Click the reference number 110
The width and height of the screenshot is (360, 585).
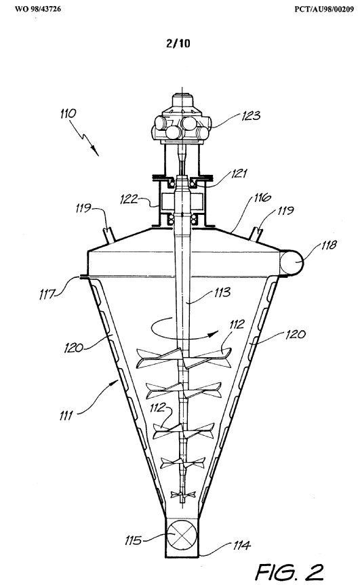pos(68,113)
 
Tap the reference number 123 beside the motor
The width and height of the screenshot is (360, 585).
pos(251,116)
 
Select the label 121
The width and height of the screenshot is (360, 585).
pos(239,174)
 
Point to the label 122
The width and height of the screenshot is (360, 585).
pos(129,199)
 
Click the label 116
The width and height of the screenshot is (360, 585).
pos(262,197)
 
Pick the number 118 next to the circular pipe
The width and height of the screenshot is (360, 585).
pos(328,245)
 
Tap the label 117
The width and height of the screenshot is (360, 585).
pos(47,295)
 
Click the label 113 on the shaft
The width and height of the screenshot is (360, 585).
pos(222,292)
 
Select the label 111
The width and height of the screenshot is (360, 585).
pos(66,416)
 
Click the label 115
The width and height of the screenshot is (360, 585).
pos(133,540)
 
